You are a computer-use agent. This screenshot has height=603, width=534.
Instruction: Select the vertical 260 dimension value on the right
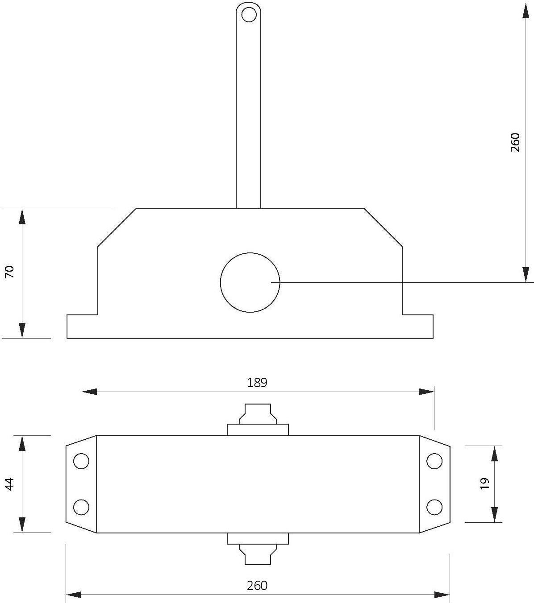click(515, 142)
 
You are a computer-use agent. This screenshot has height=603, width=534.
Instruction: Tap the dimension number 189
click(257, 382)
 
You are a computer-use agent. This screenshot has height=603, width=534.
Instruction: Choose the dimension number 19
click(485, 483)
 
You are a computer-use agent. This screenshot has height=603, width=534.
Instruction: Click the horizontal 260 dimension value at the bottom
click(257, 585)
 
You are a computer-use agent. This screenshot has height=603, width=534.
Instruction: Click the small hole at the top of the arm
click(249, 15)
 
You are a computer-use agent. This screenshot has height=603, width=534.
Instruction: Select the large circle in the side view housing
click(250, 282)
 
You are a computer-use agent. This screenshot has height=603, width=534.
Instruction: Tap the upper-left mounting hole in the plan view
click(81, 461)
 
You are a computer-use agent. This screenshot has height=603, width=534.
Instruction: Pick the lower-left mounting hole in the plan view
click(81, 507)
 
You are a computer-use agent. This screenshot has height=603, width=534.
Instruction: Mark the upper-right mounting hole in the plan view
click(434, 461)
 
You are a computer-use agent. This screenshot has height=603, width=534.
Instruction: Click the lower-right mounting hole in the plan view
click(434, 507)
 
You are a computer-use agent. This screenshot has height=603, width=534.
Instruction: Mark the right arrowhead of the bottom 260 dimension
click(442, 595)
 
